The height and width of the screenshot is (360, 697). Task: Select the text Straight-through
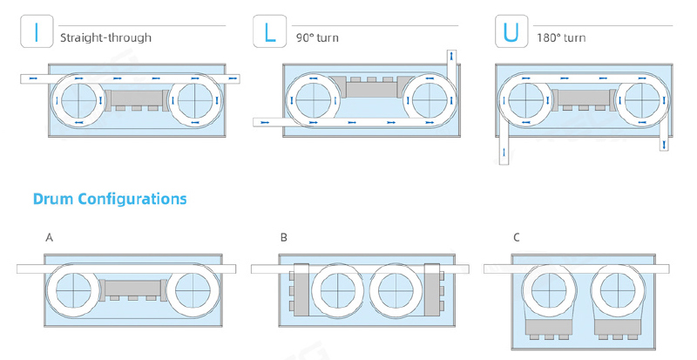[x=105, y=38]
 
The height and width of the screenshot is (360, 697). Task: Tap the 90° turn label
[x=317, y=38]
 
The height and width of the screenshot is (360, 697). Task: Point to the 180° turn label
[x=563, y=38]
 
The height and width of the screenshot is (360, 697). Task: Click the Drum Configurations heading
[x=110, y=199]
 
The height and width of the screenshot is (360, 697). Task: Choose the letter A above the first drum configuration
[x=49, y=237]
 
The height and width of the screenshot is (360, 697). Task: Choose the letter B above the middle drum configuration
[x=284, y=237]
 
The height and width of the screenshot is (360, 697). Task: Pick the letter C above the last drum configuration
[x=517, y=237]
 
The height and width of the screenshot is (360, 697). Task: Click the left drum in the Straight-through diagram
[x=79, y=99]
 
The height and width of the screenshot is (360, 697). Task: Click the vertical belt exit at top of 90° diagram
[x=450, y=62]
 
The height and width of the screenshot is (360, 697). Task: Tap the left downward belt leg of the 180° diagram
[x=504, y=149]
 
